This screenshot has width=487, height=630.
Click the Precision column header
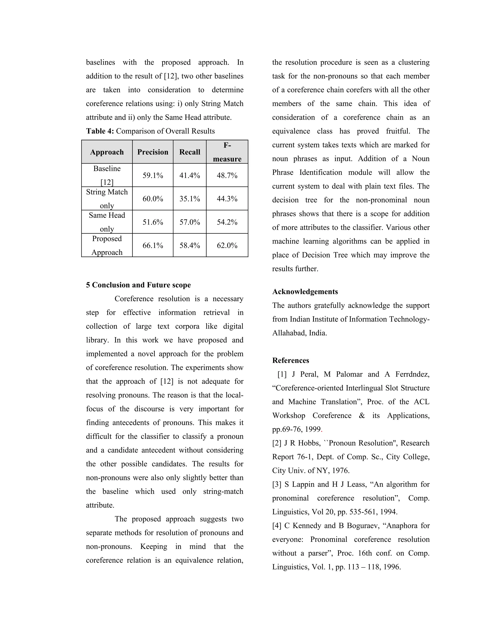coord(153,152)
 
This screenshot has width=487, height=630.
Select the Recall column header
coord(190,152)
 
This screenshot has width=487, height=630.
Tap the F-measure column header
coord(227,152)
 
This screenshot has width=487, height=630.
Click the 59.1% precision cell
coord(153,175)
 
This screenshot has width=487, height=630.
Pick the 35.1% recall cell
coord(190,199)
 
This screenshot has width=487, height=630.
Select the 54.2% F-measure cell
coord(227,222)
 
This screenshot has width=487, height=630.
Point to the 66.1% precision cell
coord(153,246)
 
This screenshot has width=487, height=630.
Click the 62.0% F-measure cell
coord(227,246)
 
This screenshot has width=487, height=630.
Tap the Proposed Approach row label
coord(107,246)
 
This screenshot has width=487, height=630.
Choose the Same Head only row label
coord(107,222)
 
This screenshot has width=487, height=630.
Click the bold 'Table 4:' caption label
coord(100,131)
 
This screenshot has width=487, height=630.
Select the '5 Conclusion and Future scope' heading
coord(138,285)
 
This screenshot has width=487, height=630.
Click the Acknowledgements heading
coord(305,292)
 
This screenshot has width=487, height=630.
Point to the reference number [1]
coord(282,374)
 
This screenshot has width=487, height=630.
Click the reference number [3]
coord(277,485)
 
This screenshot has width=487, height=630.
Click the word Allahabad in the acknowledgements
coord(288,333)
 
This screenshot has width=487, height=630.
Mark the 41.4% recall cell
coord(190,175)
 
